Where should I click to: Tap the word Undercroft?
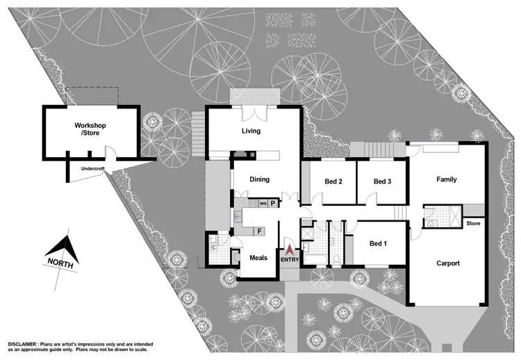pyautogui.click(x=92, y=168)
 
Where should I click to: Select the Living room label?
pyautogui.click(x=251, y=131)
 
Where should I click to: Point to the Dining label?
pyautogui.click(x=259, y=179)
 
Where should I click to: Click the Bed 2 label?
pyautogui.click(x=334, y=181)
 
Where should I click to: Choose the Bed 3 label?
pyautogui.click(x=383, y=181)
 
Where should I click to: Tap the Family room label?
pyautogui.click(x=446, y=179)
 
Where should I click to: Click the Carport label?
pyautogui.click(x=448, y=263)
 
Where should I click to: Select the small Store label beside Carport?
pyautogui.click(x=473, y=223)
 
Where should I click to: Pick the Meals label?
pyautogui.click(x=258, y=258)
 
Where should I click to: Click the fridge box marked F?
pyautogui.click(x=259, y=230)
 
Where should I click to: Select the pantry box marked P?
pyautogui.click(x=273, y=204)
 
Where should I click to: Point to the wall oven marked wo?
pyautogui.click(x=263, y=204)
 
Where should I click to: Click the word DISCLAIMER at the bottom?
pyautogui.click(x=28, y=345)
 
